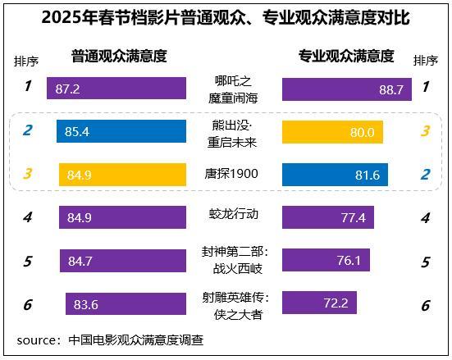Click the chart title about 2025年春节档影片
(226, 17)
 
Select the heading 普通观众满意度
(119, 56)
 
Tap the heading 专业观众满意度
(345, 56)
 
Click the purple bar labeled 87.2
(116, 89)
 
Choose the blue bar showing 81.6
(335, 174)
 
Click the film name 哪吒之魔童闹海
(235, 89)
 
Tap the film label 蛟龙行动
(235, 214)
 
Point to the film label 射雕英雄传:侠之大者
(235, 304)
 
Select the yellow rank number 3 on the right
(425, 132)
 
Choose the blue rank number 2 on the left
(27, 130)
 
